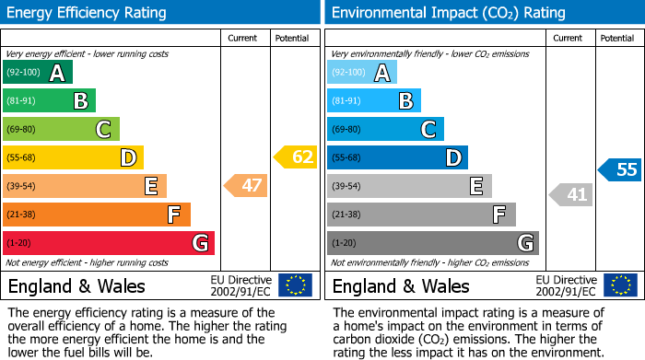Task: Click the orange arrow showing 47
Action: [x=246, y=186]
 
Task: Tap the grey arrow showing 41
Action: [x=571, y=194]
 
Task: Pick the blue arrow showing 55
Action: [x=620, y=169]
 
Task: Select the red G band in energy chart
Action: [x=109, y=243]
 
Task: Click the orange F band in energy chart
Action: [x=97, y=215]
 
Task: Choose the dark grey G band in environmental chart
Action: [x=433, y=243]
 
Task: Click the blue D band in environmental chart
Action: [x=397, y=157]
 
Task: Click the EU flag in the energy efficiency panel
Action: [x=296, y=285]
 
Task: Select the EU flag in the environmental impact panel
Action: [x=620, y=285]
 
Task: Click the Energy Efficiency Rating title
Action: [x=88, y=13]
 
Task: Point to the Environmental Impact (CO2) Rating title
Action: [x=448, y=13]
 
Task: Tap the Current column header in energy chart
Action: [x=242, y=38]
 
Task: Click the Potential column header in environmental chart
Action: [x=616, y=38]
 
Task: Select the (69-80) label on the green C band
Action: [x=21, y=130]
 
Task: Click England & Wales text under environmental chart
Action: [x=401, y=286]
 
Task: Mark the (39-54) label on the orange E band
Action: [x=21, y=187]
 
